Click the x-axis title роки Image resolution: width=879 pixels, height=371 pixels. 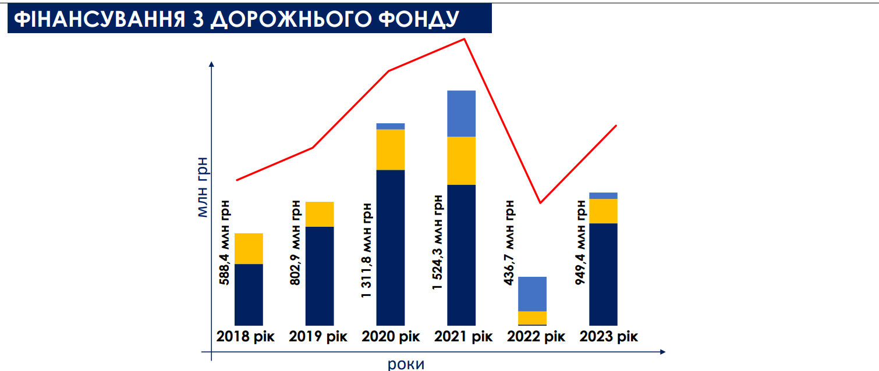[406, 364]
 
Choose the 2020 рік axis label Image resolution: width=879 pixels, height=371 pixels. [390, 337]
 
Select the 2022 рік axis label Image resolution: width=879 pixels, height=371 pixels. [536, 337]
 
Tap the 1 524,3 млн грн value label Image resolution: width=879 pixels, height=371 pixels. [438, 248]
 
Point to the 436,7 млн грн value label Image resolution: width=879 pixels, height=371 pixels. [509, 242]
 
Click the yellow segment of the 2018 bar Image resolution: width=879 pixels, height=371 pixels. [249, 249]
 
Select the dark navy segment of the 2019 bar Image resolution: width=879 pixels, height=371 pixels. [320, 276]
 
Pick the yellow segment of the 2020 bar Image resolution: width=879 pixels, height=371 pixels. [391, 149]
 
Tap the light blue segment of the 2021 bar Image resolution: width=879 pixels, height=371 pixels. [461, 113]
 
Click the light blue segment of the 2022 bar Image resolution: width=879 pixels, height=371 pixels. [532, 294]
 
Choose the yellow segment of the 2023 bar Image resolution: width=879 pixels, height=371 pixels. [603, 211]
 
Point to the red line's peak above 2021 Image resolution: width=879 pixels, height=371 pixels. [464, 39]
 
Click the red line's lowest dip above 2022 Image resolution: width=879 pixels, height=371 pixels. [540, 202]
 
